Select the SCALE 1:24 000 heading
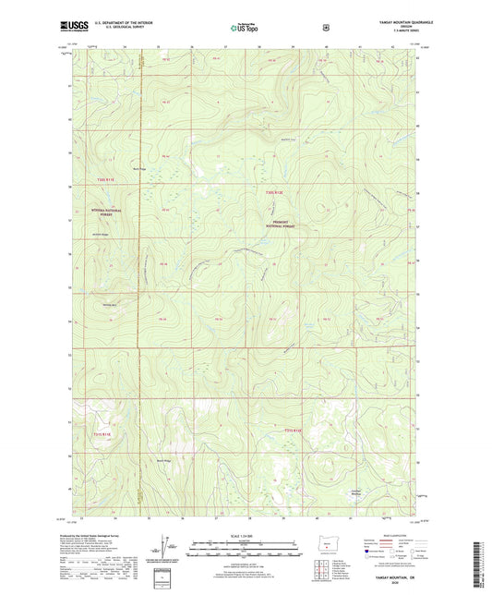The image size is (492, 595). [245, 534]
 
